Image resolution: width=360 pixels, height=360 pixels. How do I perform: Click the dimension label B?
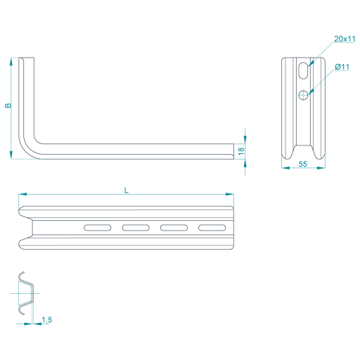8,105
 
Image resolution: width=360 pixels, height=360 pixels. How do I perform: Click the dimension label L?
127,191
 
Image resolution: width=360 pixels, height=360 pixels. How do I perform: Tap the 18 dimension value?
241,151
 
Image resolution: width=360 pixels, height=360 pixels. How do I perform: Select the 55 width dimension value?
303,164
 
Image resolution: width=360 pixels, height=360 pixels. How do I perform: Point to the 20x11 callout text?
345,39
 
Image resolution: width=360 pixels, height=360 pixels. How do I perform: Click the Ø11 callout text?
342,67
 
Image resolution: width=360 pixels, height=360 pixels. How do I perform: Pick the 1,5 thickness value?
47,320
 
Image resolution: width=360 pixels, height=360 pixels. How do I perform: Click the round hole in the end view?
303,95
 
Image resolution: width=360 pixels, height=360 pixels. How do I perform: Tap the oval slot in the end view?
303,70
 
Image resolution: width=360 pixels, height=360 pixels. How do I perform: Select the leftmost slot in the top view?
98,228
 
